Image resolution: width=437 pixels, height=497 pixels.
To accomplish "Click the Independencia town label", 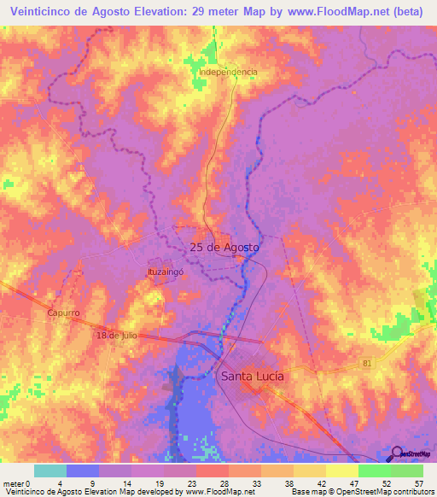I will pos(228,72).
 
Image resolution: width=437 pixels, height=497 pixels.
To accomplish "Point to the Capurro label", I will pos(63,313).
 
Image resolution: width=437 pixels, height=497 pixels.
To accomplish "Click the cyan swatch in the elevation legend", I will pos(50,471).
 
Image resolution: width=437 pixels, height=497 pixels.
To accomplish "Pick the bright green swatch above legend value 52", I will pos(374,471).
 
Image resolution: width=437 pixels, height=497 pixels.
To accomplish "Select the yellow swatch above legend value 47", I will pos(341,471).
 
